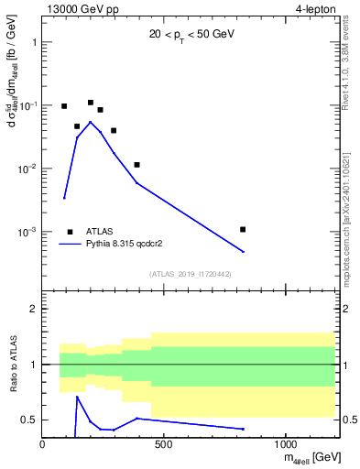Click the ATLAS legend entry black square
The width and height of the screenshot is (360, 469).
pyautogui.click(x=70, y=232)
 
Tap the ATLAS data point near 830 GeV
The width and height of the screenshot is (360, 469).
pyautogui.click(x=243, y=229)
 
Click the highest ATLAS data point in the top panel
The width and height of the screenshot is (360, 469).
pyautogui.click(x=91, y=103)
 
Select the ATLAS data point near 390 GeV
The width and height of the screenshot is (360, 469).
pyautogui.click(x=136, y=165)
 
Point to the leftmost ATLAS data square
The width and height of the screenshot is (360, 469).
pyautogui.click(x=64, y=106)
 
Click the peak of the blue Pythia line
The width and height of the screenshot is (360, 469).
pyautogui.click(x=90, y=122)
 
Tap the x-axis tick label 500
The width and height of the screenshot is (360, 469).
pyautogui.click(x=164, y=444)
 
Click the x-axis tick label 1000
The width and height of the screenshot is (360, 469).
pyautogui.click(x=285, y=444)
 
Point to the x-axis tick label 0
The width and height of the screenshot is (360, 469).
pyautogui.click(x=42, y=444)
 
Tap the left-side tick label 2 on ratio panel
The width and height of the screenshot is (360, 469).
pyautogui.click(x=34, y=309)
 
